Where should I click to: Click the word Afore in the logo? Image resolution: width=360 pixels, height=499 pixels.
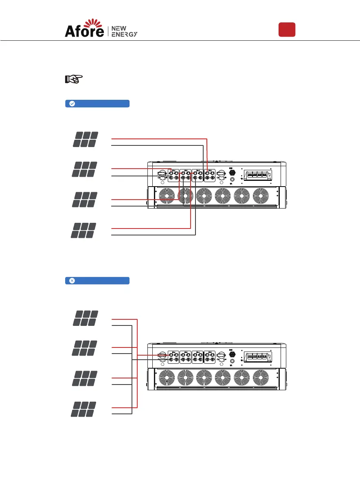[x=84, y=31]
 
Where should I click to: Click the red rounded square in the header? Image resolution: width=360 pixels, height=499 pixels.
[x=287, y=30]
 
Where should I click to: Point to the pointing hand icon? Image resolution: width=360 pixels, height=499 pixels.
[x=74, y=79]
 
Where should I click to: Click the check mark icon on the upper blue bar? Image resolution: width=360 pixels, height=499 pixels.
[x=72, y=103]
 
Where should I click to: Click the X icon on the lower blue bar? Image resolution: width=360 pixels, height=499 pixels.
[x=72, y=281]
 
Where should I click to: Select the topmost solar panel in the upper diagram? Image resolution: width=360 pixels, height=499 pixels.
[x=86, y=139]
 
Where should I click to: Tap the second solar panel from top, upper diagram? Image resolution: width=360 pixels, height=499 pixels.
[x=85, y=169]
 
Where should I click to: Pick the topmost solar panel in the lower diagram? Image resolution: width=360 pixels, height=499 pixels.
[x=86, y=318]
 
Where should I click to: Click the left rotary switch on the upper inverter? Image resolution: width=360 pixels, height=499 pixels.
[x=162, y=175]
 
